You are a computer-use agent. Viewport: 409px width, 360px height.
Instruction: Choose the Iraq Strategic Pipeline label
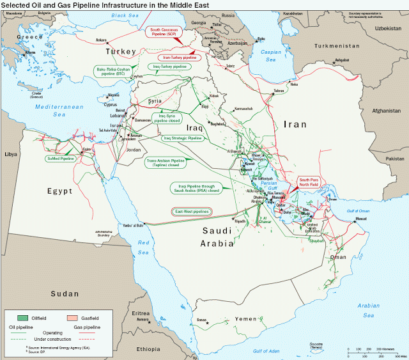coord(182,137)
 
